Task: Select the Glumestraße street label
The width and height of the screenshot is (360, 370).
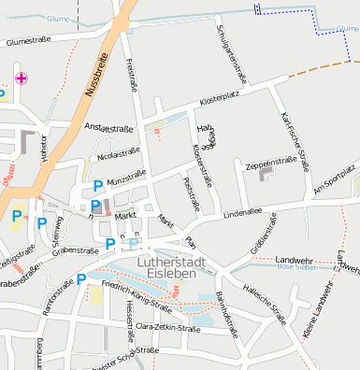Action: [28, 41]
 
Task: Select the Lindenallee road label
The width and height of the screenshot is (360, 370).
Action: [243, 212]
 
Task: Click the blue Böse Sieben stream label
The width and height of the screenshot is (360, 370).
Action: [297, 267]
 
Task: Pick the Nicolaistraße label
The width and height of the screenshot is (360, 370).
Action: [118, 150]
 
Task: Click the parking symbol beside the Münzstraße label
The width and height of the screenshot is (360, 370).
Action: [98, 186]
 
